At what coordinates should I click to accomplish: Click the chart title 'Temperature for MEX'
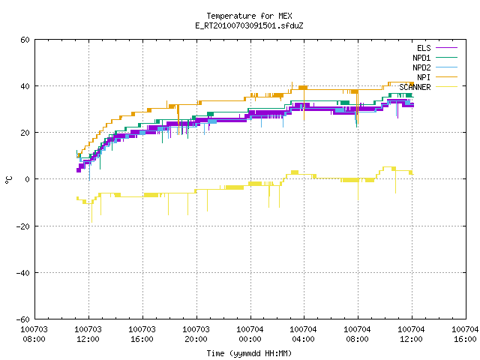point(249,16)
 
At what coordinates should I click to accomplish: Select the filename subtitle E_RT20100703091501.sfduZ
point(249,25)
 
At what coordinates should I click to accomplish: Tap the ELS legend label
point(424,48)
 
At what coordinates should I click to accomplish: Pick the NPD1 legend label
point(421,58)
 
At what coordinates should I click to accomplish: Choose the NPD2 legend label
point(421,67)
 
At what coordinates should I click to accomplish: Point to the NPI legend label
point(424,77)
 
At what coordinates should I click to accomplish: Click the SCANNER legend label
point(415,87)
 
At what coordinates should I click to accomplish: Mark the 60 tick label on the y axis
point(25,40)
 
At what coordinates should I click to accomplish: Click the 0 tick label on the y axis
point(28,179)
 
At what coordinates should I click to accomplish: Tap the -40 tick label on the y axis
point(23,273)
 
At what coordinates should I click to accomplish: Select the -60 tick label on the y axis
point(23,319)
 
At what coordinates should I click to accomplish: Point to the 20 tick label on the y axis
point(25,133)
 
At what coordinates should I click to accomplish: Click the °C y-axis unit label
point(8,180)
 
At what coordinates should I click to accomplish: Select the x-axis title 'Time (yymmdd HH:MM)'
point(249,353)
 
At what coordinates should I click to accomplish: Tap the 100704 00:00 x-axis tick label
point(250,334)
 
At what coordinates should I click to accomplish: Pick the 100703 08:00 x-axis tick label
point(34,334)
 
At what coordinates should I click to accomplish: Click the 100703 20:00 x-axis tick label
point(196,334)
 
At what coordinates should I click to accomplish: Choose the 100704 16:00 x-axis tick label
point(465,334)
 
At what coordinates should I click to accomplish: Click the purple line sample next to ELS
point(446,48)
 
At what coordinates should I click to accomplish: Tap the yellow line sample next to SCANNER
point(446,87)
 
